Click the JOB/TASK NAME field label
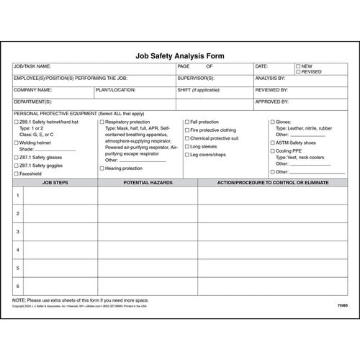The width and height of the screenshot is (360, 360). click(x=32, y=66)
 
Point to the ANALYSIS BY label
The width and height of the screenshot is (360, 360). click(x=271, y=78)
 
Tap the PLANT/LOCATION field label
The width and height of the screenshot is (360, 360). click(x=115, y=90)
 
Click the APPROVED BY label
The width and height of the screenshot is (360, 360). click(x=272, y=102)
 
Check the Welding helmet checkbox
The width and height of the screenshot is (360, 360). click(x=16, y=143)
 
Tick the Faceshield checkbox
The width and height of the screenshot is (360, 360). click(x=16, y=174)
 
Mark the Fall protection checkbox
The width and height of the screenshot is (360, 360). click(x=186, y=122)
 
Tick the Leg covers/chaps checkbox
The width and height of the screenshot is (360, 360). click(x=186, y=154)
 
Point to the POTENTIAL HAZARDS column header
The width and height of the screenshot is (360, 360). click(x=148, y=183)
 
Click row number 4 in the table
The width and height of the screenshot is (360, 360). click(x=17, y=250)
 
